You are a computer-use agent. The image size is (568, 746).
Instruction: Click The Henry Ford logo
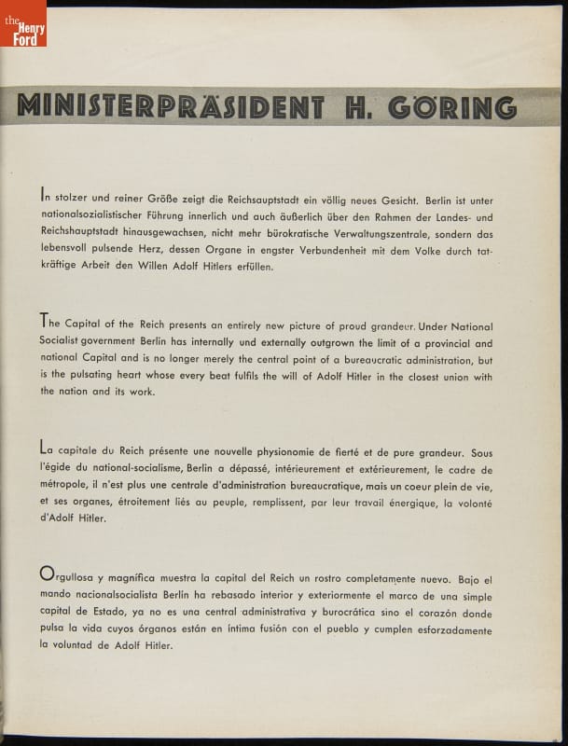click(23, 23)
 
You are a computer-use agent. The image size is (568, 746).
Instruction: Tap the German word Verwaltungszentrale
click(387, 234)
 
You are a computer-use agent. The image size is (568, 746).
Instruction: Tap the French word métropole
click(68, 486)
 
